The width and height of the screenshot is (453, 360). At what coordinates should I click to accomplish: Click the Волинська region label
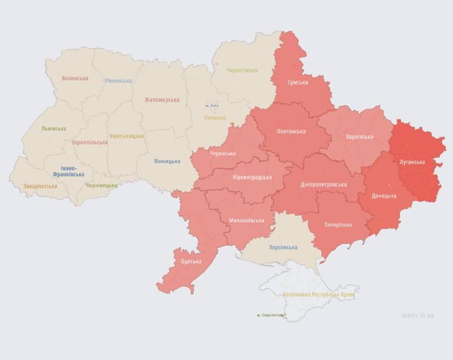click(x=75, y=79)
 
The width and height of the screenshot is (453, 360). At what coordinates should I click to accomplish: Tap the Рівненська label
click(x=118, y=80)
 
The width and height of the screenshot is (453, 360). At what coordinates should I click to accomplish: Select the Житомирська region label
click(x=162, y=100)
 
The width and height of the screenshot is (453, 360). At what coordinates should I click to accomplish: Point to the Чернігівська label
click(x=242, y=70)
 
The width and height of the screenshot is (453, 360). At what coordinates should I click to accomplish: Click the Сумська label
click(x=298, y=82)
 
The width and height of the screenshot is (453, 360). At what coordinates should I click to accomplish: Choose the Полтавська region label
click(x=291, y=131)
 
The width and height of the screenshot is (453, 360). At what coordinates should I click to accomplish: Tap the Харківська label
click(x=360, y=137)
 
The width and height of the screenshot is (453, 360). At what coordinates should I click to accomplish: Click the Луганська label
click(x=412, y=162)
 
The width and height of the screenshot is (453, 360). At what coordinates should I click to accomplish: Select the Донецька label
click(x=384, y=196)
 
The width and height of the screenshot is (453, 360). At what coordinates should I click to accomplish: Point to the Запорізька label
click(x=338, y=225)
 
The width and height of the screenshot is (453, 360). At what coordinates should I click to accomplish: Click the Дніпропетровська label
click(x=324, y=184)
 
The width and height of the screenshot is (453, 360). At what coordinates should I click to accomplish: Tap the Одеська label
click(x=191, y=262)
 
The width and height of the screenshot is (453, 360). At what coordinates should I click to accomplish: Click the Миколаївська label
click(x=246, y=220)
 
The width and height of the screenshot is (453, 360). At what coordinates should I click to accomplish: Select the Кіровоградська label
click(x=252, y=177)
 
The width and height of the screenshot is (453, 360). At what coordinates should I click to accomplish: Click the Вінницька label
click(x=167, y=161)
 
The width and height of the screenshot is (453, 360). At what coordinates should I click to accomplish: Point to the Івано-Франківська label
click(x=68, y=171)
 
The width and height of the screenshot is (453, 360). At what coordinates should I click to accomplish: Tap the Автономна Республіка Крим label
click(x=318, y=294)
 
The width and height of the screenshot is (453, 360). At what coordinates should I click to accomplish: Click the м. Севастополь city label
click(x=269, y=315)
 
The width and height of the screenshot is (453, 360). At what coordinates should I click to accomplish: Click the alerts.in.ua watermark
click(x=417, y=315)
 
